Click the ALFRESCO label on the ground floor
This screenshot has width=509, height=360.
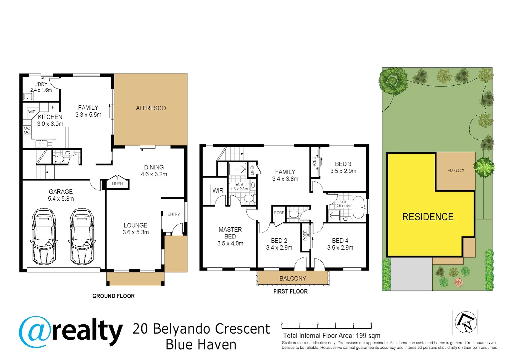pyautogui.click(x=151, y=108)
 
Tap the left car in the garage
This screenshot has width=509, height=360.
pyautogui.click(x=44, y=237)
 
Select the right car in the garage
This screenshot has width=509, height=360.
pyautogui.click(x=82, y=237)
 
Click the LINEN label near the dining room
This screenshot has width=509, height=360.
pyautogui.click(x=117, y=184)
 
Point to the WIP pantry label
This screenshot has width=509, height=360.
pyautogui.click(x=32, y=112)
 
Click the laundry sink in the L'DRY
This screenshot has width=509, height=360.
pyautogui.click(x=28, y=97)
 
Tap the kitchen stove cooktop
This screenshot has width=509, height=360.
pyautogui.click(x=27, y=130)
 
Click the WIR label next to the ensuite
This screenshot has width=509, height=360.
pyautogui.click(x=218, y=191)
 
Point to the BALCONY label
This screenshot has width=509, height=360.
pyautogui.click(x=292, y=278)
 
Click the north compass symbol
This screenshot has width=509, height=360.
pyautogui.click(x=465, y=322)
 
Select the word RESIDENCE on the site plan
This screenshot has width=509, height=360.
pyautogui.click(x=428, y=217)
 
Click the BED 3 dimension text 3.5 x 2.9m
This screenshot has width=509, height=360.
pyautogui.click(x=343, y=171)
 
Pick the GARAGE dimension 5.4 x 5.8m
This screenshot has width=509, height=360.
pyautogui.click(x=61, y=199)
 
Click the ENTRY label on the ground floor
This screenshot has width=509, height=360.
pyautogui.click(x=174, y=214)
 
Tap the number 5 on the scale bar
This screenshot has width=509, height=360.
pyautogui.click(x=371, y=324)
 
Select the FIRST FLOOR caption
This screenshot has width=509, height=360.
pyautogui.click(x=290, y=291)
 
